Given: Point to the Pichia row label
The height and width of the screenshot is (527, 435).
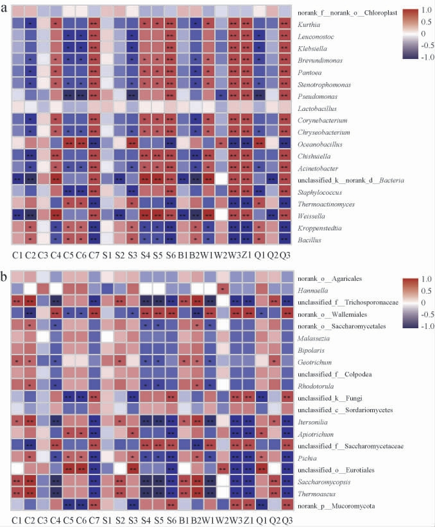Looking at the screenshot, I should pos(307,458).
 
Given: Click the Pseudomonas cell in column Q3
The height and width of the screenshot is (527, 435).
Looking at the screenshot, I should pos(284,96).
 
